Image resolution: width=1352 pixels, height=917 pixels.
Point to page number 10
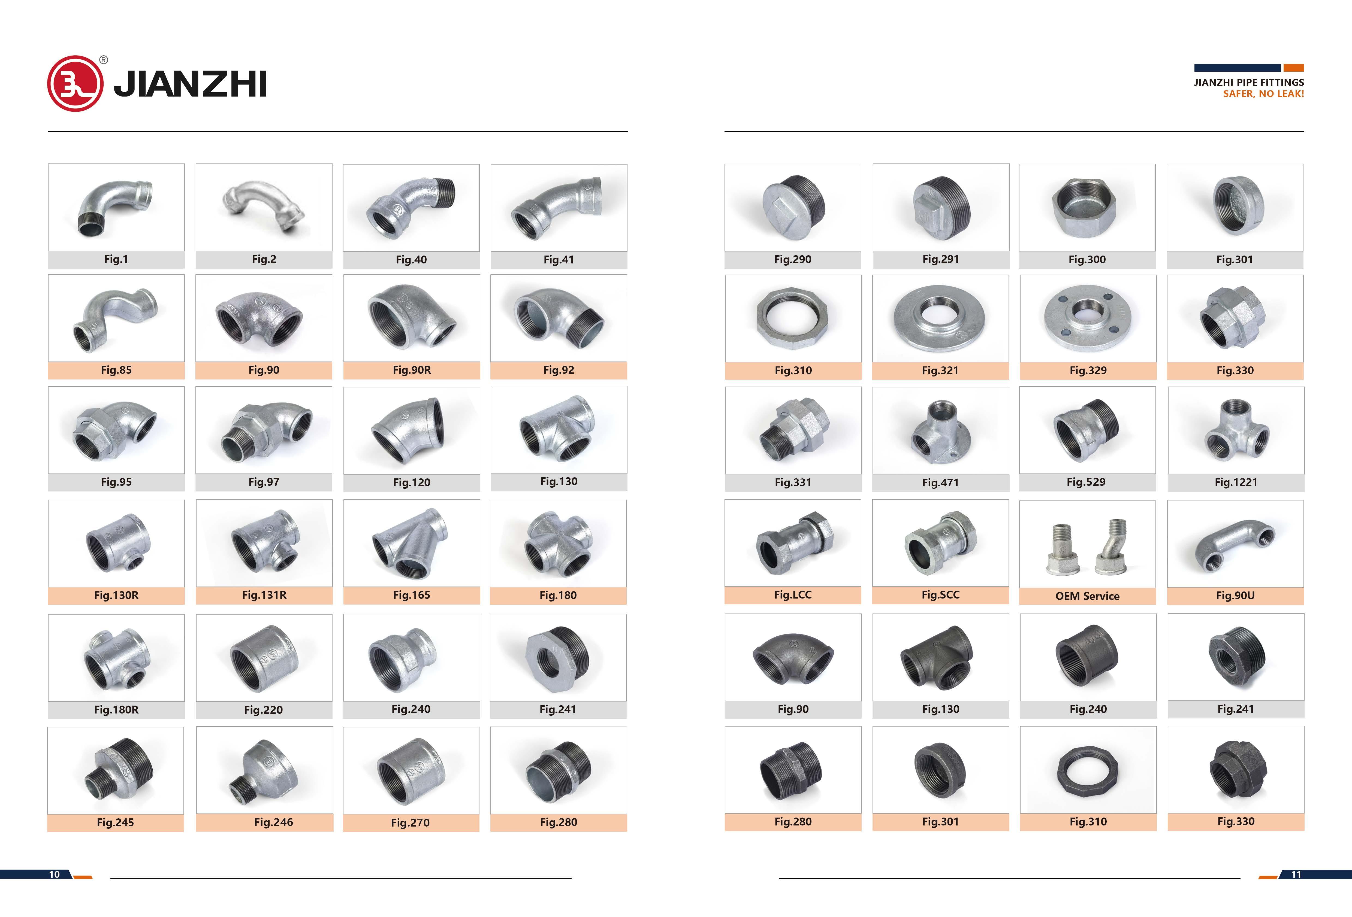click(x=54, y=874)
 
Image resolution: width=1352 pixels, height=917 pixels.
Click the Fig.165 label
click(x=411, y=595)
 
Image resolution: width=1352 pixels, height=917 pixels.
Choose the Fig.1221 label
click(x=1236, y=482)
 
